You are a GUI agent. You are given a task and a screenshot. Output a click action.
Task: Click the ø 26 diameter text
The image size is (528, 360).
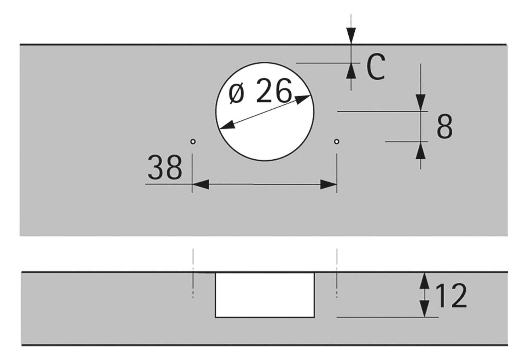(x=260, y=91)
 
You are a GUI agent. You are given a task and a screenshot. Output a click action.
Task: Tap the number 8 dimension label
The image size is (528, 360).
(x=445, y=126)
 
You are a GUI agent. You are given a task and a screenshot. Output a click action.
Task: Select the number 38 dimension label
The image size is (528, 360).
(x=165, y=167)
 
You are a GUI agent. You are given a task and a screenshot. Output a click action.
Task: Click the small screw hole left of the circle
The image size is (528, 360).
(x=193, y=142)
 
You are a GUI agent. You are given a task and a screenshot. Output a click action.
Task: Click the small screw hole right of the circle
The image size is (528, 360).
(x=337, y=142)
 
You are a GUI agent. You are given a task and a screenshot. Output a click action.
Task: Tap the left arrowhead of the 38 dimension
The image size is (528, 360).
(x=201, y=184)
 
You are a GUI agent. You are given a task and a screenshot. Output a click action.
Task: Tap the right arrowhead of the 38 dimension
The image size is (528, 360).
(x=328, y=184)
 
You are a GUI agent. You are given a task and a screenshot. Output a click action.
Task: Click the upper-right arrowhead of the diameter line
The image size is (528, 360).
(x=302, y=99)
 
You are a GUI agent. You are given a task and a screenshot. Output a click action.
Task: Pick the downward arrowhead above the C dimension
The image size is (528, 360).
(x=351, y=36)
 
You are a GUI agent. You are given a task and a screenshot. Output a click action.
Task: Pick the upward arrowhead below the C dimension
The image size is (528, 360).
(x=351, y=71)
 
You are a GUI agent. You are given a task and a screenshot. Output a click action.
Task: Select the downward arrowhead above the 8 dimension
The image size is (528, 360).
(x=420, y=102)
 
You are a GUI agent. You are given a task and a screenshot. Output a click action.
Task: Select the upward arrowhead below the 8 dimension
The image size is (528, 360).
(x=420, y=150)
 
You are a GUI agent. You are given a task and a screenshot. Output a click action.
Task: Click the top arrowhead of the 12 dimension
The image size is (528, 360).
(x=424, y=281)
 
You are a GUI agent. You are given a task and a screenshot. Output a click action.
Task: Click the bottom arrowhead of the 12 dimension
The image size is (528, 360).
(x=424, y=309)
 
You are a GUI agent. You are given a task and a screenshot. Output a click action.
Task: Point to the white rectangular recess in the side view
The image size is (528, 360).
(x=265, y=295)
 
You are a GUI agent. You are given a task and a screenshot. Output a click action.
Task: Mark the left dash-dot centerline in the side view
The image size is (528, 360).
(x=193, y=273)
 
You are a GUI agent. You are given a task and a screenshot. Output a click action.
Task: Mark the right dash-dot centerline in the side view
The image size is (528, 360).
(x=337, y=273)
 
